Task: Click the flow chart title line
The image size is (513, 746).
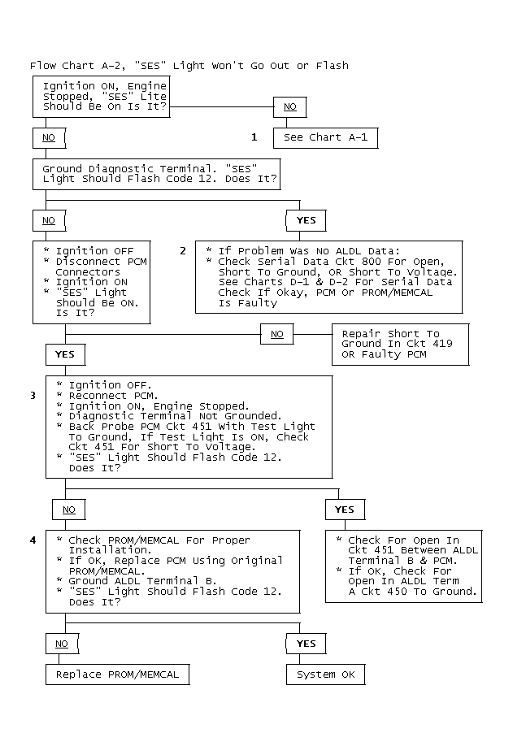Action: tap(189, 66)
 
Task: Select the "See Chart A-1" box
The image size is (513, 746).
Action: tap(325, 138)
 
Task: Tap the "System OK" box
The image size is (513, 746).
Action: tap(325, 674)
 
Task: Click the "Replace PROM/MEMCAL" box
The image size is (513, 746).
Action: tap(118, 674)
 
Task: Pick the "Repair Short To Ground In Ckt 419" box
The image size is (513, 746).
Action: tap(400, 345)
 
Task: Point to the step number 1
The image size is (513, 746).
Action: tap(254, 137)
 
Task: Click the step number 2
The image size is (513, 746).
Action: tap(183, 251)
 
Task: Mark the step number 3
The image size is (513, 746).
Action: tap(33, 396)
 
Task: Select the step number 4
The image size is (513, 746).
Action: tap(33, 540)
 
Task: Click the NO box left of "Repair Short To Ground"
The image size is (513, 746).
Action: tap(277, 334)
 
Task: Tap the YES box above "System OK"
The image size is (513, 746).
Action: tap(306, 644)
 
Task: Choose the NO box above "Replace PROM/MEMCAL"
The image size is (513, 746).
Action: tap(62, 644)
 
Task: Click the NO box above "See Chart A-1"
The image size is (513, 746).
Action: tap(289, 107)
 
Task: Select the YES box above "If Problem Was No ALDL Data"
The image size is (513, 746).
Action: tap(306, 220)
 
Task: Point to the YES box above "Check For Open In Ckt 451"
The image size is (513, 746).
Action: tap(345, 510)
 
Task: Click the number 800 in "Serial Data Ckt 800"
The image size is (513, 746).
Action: tap(372, 261)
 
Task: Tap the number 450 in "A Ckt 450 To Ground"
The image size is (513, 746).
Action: tap(397, 592)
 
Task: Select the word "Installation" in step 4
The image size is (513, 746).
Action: tap(110, 550)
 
